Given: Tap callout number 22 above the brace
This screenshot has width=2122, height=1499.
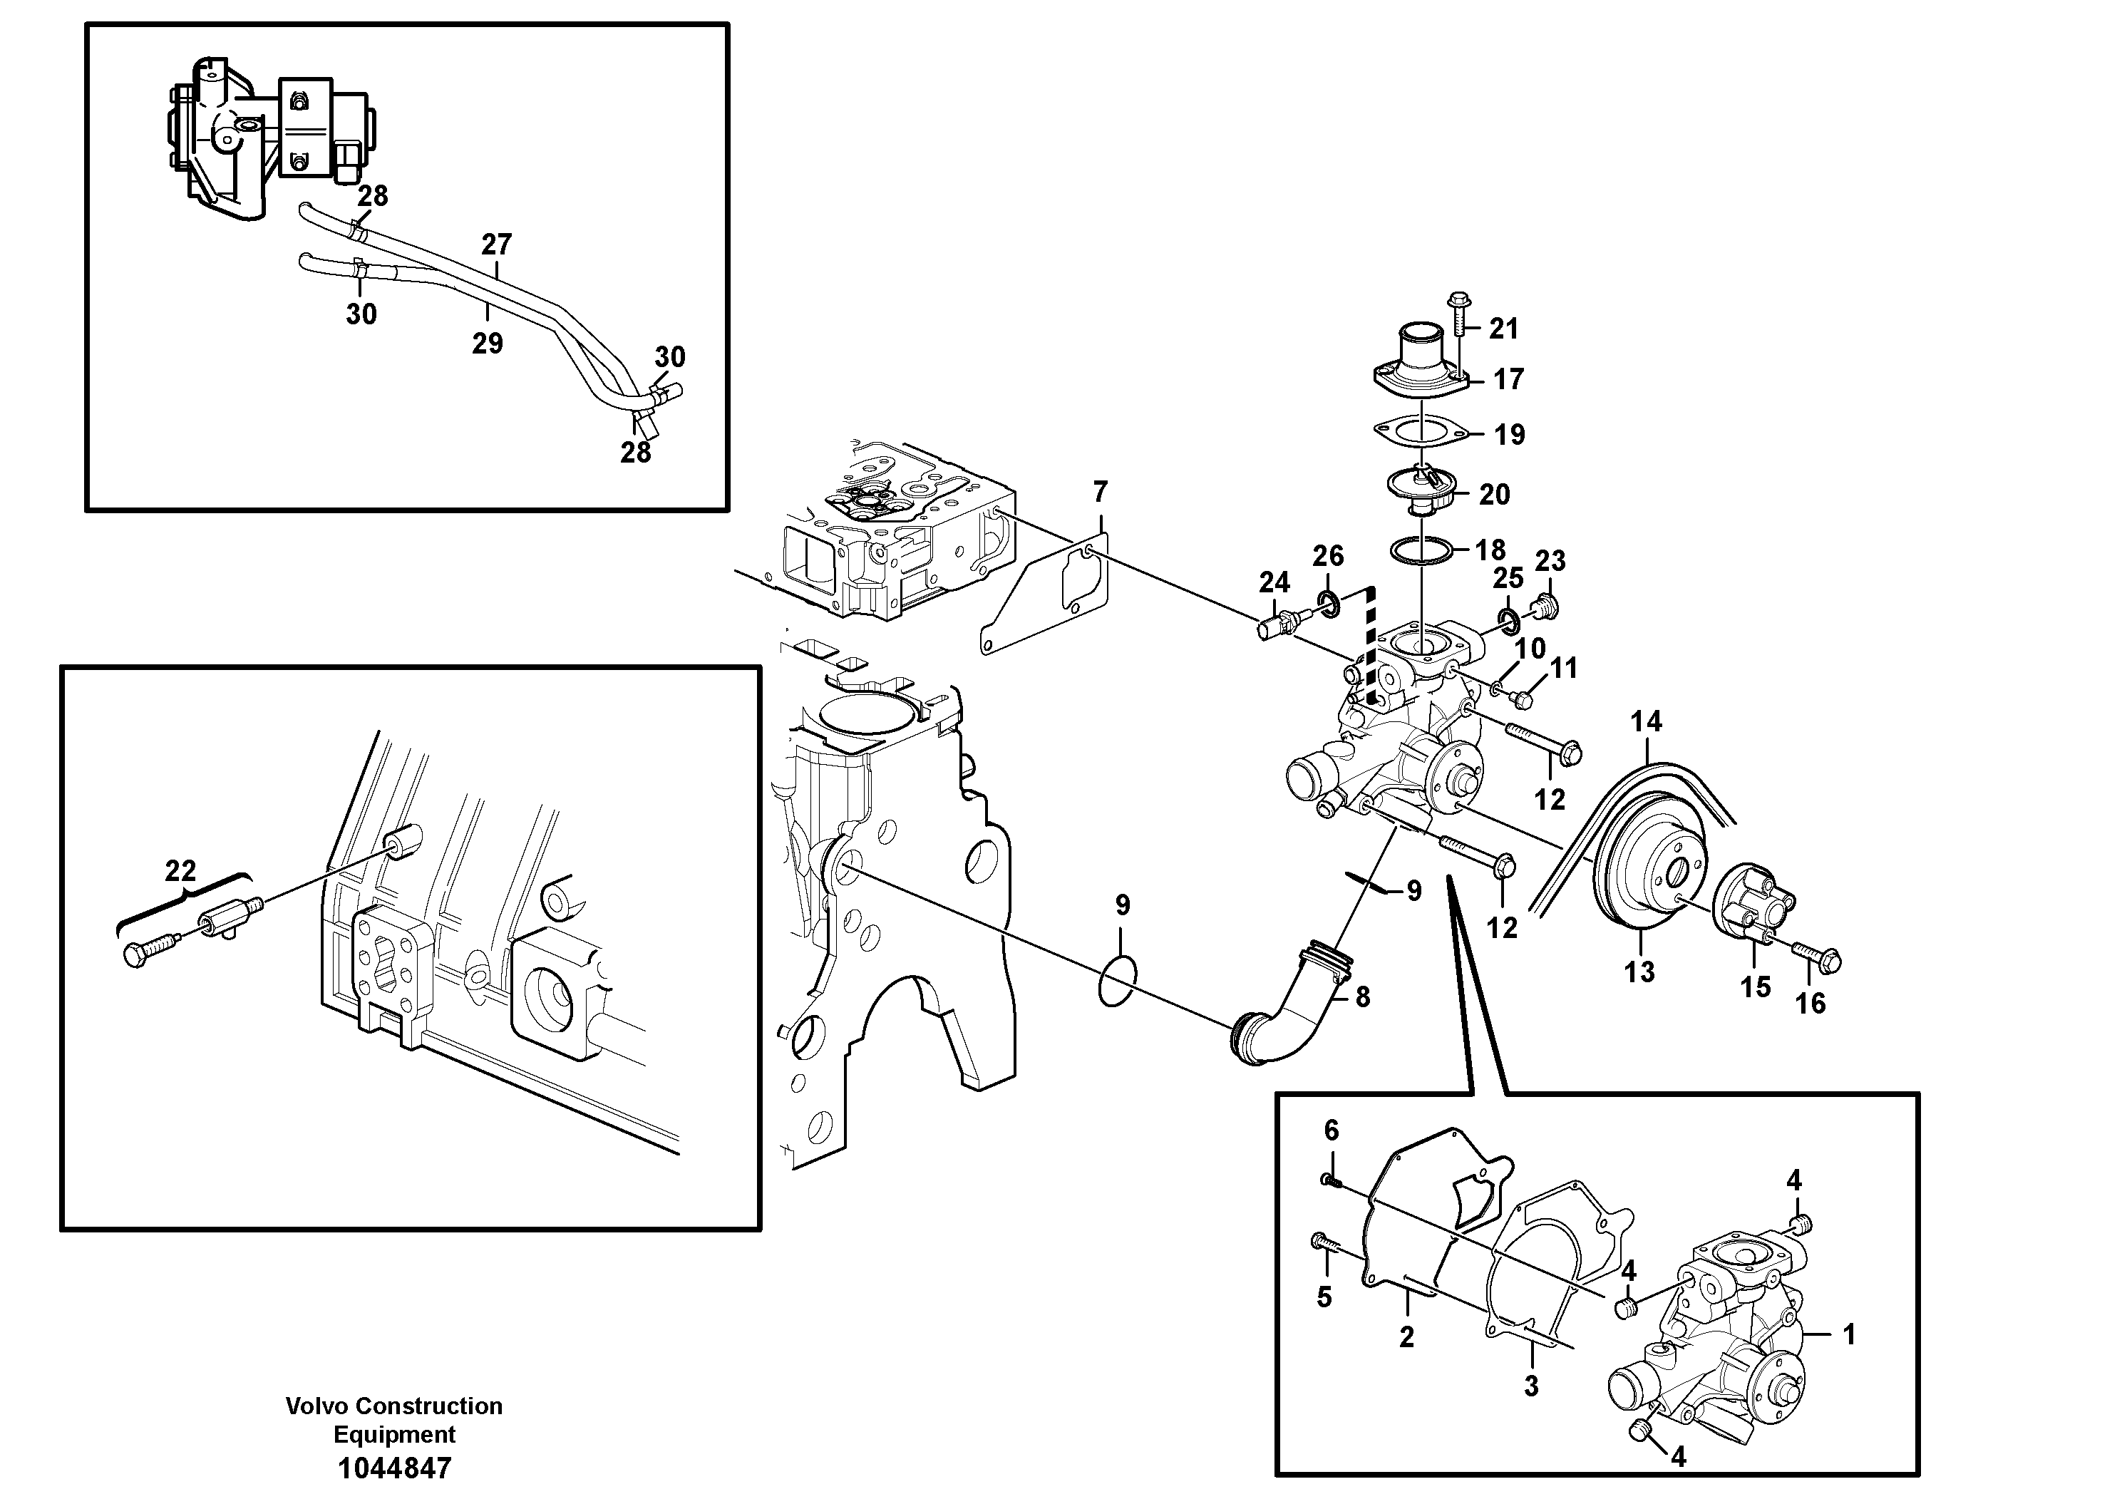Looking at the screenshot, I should coord(180,870).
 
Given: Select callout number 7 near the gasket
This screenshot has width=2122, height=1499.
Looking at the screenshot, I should coord(1099,492).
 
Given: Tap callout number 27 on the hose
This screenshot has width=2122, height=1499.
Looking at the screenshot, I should coord(496,244).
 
